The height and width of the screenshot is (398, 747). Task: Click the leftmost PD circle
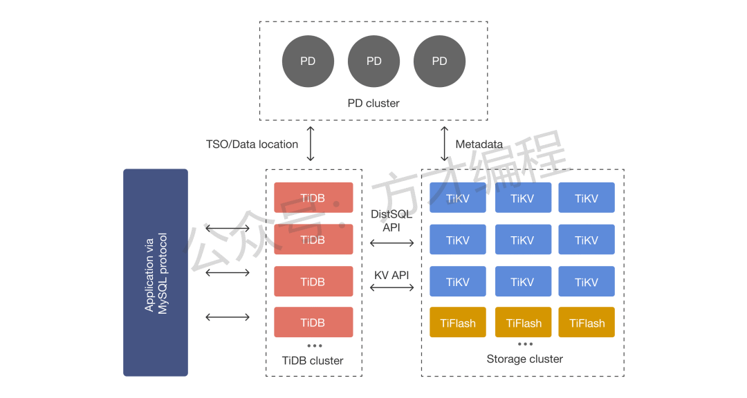pyautogui.click(x=308, y=61)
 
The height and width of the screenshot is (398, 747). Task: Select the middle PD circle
pyautogui.click(x=373, y=61)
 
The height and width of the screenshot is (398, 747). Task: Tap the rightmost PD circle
pyautogui.click(x=439, y=61)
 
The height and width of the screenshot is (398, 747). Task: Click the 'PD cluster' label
pyautogui.click(x=373, y=104)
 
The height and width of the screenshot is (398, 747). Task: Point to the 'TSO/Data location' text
pyautogui.click(x=252, y=144)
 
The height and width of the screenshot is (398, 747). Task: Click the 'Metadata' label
pyautogui.click(x=479, y=144)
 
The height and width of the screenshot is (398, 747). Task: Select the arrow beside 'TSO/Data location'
pyautogui.click(x=311, y=144)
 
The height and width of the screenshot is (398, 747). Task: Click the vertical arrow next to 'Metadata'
pyautogui.click(x=443, y=144)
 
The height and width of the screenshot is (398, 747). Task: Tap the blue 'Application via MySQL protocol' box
pyautogui.click(x=156, y=272)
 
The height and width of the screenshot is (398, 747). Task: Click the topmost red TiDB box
pyautogui.click(x=313, y=198)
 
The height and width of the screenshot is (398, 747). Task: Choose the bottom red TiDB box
pyautogui.click(x=313, y=322)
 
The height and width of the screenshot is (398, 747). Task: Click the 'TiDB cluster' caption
pyautogui.click(x=313, y=361)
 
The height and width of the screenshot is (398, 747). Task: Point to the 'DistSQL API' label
pyautogui.click(x=391, y=220)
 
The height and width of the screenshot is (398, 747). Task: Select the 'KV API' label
pyautogui.click(x=391, y=275)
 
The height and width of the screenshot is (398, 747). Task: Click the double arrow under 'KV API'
pyautogui.click(x=391, y=287)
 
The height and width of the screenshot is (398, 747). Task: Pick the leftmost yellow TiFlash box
pyautogui.click(x=458, y=323)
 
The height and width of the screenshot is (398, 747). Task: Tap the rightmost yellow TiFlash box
pyautogui.click(x=587, y=323)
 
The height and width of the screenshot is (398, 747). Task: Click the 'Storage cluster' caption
pyautogui.click(x=525, y=359)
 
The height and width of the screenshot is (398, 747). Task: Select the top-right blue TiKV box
pyautogui.click(x=587, y=198)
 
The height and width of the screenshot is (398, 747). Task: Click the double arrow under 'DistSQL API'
pyautogui.click(x=391, y=243)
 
